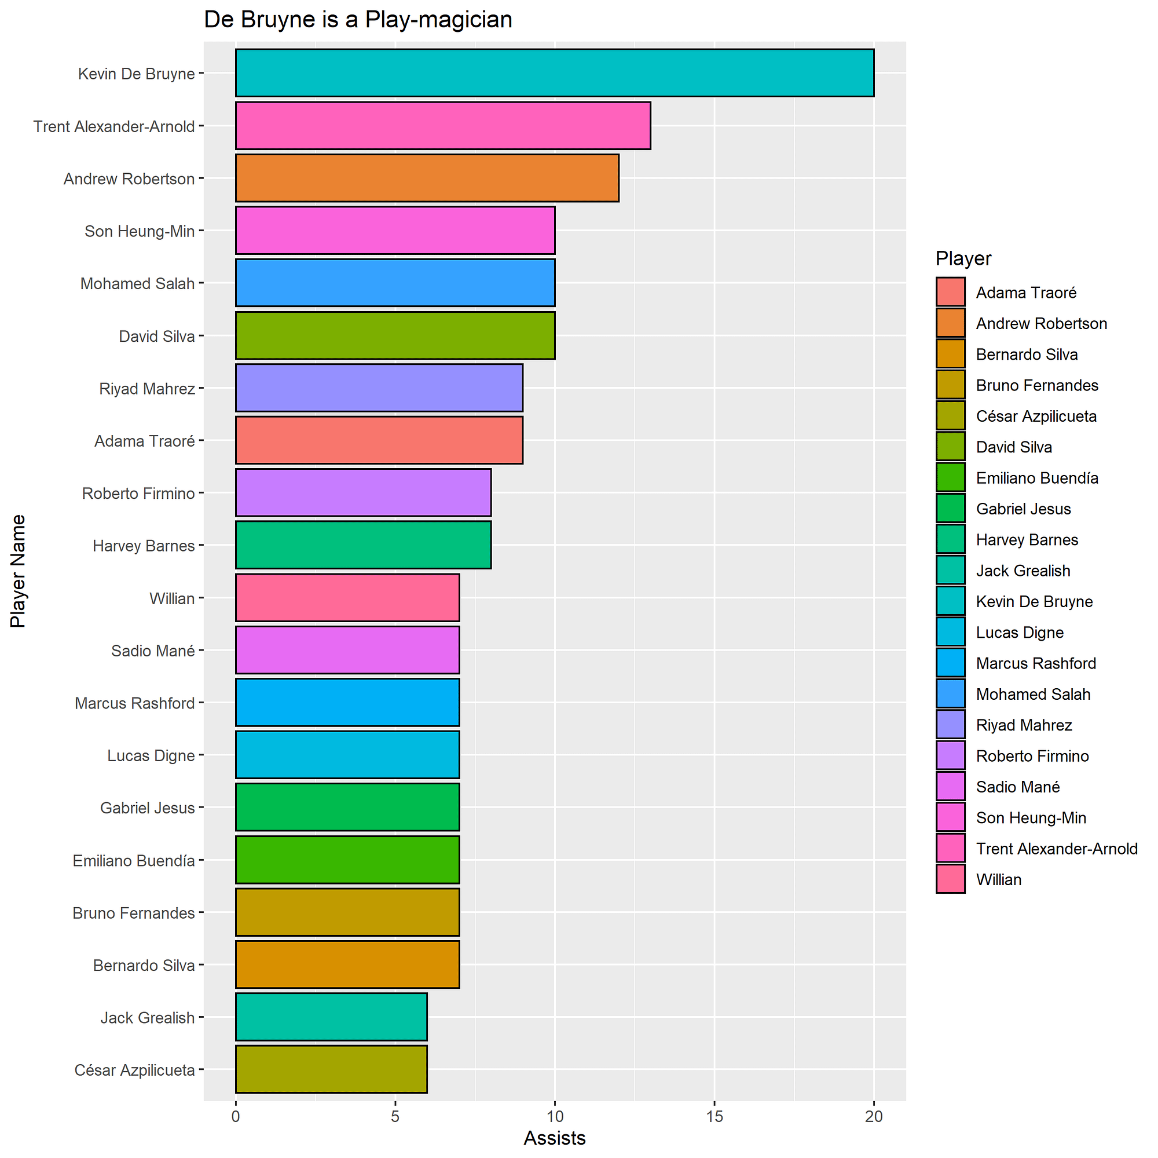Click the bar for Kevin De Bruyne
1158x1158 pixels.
click(555, 72)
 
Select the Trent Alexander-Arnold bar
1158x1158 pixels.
click(442, 125)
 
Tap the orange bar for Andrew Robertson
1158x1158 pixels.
click(427, 178)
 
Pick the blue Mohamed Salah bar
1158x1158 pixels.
click(395, 283)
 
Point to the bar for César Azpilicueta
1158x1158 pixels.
click(331, 1069)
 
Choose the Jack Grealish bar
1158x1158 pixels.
click(331, 1017)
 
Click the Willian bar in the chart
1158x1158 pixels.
click(347, 598)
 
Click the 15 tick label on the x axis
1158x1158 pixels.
click(714, 1117)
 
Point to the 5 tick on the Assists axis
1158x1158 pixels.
click(395, 1117)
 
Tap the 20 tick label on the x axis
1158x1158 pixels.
click(874, 1117)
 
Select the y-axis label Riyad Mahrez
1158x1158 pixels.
click(147, 389)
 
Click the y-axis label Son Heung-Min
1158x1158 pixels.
click(140, 231)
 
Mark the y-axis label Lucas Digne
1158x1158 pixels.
click(151, 755)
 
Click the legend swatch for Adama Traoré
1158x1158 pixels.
click(950, 292)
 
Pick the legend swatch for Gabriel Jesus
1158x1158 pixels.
click(950, 509)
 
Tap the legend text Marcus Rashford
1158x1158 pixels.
click(1036, 663)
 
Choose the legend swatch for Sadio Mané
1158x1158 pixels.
click(950, 786)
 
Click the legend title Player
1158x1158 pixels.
click(963, 258)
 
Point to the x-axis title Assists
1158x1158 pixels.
click(555, 1138)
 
